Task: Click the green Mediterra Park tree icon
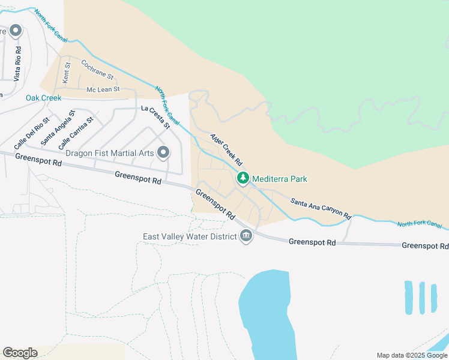243,178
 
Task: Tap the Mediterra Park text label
280,179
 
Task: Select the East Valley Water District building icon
246,236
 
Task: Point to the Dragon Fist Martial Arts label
110,153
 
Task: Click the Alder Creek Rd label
226,150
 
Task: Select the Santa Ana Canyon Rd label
320,208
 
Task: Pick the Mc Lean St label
103,89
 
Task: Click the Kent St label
67,73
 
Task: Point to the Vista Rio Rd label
18,64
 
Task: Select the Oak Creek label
43,98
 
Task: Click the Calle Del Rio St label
32,134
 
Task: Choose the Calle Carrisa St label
76,133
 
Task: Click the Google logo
20,353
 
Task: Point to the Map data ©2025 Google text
412,355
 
